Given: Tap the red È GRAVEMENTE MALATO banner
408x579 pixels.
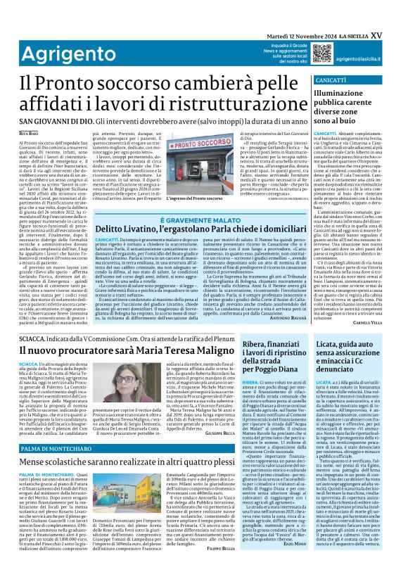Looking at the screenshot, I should [x=199, y=220].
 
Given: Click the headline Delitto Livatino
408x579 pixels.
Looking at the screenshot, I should [x=199, y=230].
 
